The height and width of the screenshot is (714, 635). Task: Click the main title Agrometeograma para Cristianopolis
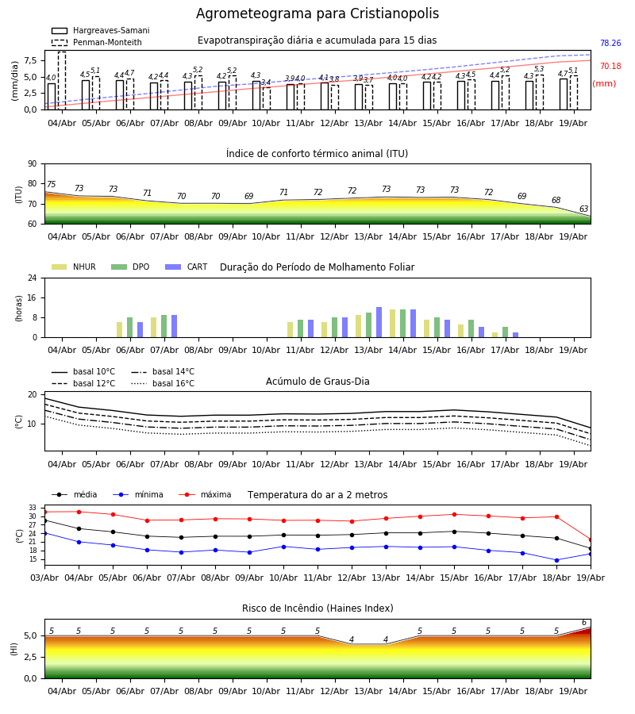click(x=317, y=13)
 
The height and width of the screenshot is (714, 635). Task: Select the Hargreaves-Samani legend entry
click(x=101, y=30)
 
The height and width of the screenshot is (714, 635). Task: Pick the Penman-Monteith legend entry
click(x=97, y=42)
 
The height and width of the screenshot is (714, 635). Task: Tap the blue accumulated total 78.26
click(x=610, y=44)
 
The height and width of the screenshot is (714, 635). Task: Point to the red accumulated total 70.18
click(x=610, y=66)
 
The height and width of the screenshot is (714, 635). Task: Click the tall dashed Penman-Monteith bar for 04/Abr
click(x=62, y=81)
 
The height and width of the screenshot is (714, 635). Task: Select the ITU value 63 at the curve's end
click(x=583, y=209)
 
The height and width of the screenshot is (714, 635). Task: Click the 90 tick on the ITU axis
click(x=33, y=164)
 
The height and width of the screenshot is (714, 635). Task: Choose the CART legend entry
click(x=187, y=267)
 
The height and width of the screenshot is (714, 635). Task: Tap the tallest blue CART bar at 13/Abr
click(x=379, y=322)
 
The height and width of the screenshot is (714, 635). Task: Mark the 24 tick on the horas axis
click(x=33, y=278)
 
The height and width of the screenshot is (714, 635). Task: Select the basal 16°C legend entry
click(x=163, y=383)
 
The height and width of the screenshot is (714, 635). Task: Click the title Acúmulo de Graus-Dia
click(x=317, y=381)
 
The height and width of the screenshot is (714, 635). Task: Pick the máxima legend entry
click(x=205, y=494)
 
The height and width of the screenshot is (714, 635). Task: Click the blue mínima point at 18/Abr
click(x=556, y=561)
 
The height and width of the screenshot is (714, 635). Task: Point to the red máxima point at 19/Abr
click(x=591, y=540)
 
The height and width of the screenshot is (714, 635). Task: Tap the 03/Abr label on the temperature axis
click(x=44, y=578)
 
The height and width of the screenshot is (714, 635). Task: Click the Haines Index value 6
click(x=584, y=623)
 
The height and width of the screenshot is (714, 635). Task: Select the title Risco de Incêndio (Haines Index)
click(x=317, y=608)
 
